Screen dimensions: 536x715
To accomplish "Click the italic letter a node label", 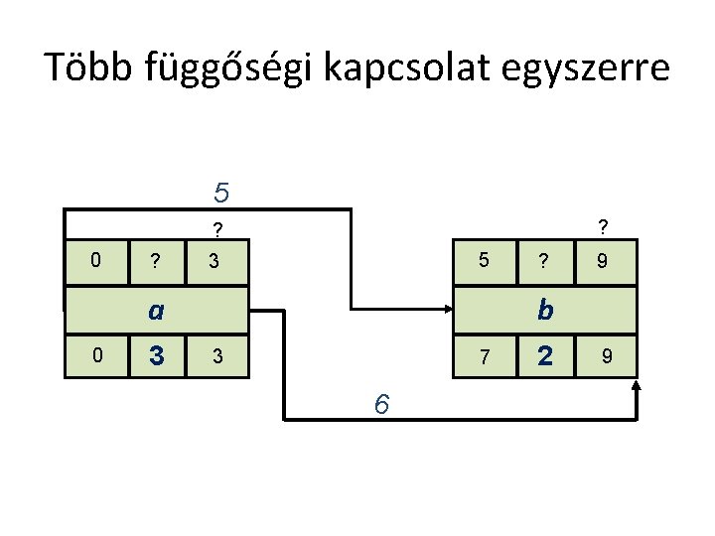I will [155, 311].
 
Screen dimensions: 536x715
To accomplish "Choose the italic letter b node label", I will [544, 311].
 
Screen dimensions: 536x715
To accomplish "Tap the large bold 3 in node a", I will [155, 355].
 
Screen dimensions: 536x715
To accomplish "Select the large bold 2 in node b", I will [543, 355].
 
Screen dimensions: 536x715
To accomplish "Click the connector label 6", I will [381, 405].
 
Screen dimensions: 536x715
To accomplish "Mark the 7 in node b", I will [485, 356].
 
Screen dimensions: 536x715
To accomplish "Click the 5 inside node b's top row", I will [484, 262].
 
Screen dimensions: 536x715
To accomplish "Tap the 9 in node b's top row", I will [602, 263].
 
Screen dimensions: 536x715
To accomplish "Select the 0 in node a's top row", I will [95, 261].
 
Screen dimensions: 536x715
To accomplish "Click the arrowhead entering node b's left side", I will [446, 310].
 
